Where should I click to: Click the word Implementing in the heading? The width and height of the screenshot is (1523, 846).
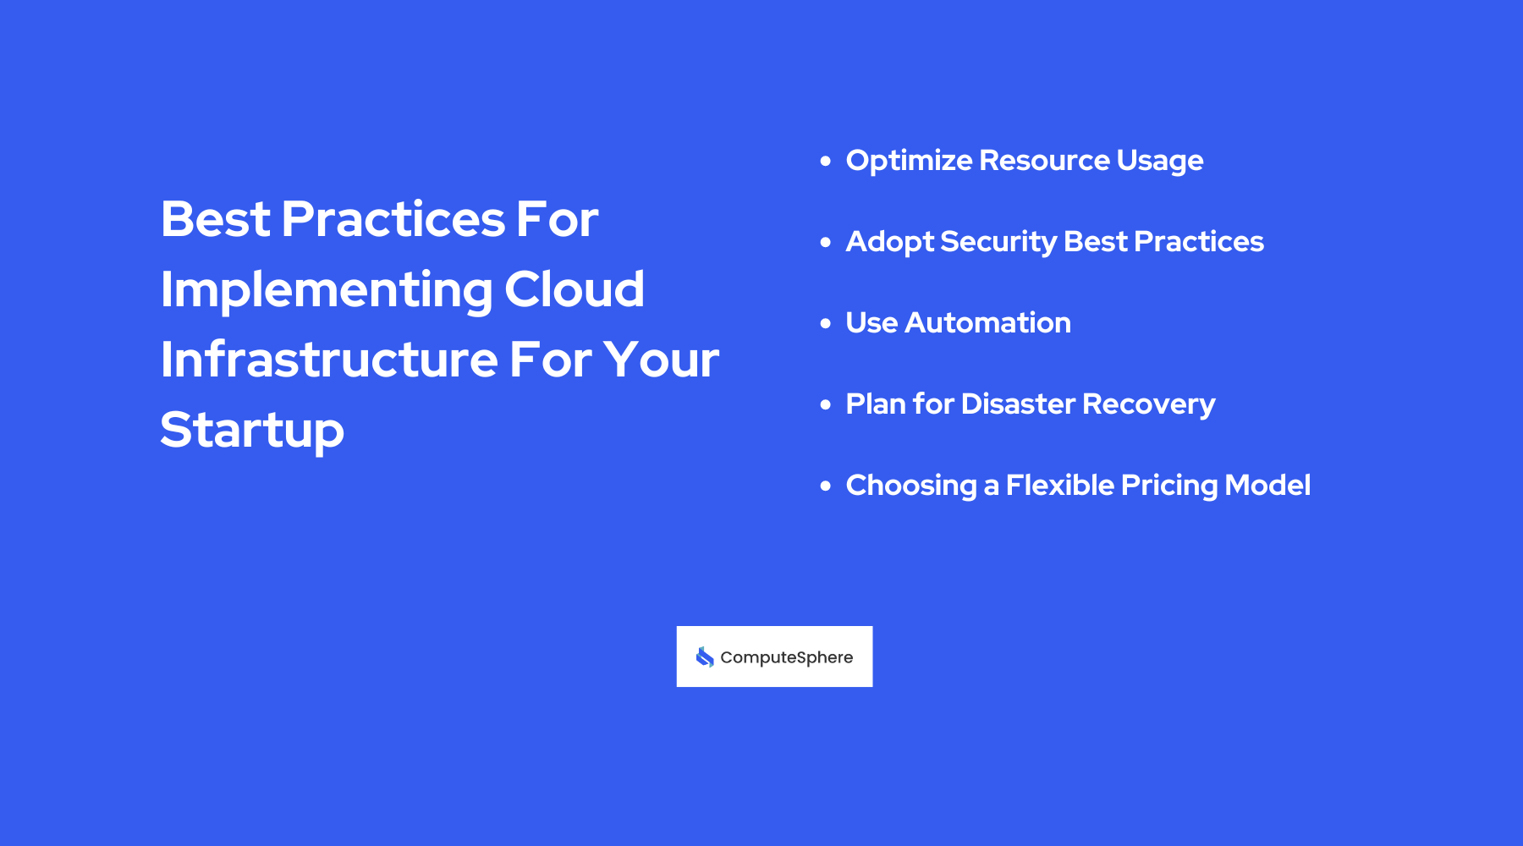pyautogui.click(x=327, y=291)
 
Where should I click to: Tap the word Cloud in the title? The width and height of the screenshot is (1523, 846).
pyautogui.click(x=575, y=289)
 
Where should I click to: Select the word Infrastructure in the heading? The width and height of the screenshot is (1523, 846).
pyautogui.click(x=329, y=360)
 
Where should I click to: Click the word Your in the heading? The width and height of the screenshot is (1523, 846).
pyautogui.click(x=661, y=360)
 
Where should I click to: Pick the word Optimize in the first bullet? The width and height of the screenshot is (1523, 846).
pyautogui.click(x=909, y=161)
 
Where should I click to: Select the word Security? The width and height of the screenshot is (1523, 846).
pyautogui.click(x=998, y=243)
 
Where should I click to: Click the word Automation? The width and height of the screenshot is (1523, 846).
pyautogui.click(x=987, y=323)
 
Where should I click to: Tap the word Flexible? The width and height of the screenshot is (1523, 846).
pyautogui.click(x=1059, y=486)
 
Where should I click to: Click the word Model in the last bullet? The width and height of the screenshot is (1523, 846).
pyautogui.click(x=1267, y=486)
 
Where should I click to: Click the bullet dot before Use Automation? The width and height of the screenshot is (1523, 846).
pyautogui.click(x=826, y=323)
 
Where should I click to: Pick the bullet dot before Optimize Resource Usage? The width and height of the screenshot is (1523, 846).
pyautogui.click(x=826, y=161)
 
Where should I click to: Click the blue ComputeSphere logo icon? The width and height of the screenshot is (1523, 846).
pyautogui.click(x=705, y=657)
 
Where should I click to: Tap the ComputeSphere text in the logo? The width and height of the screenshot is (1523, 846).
pyautogui.click(x=786, y=657)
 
